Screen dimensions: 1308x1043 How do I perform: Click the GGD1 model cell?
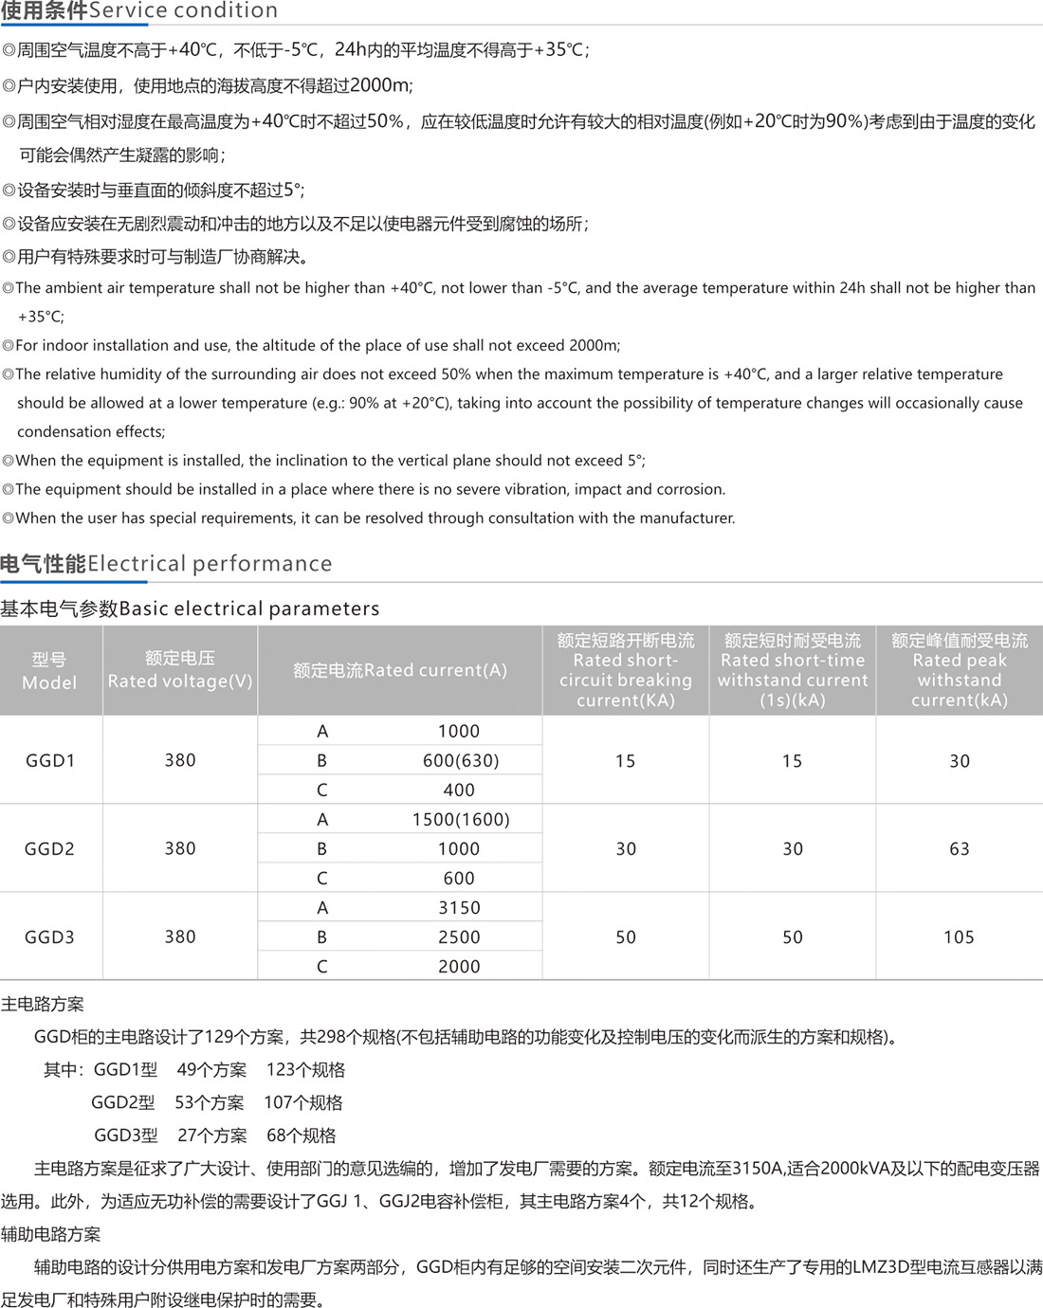tap(50, 760)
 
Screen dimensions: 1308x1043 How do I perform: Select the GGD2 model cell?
tap(49, 848)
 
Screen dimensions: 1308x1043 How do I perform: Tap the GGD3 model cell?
tap(49, 936)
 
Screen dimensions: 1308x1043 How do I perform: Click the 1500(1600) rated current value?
tap(460, 819)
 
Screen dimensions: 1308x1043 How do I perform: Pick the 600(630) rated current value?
tap(460, 760)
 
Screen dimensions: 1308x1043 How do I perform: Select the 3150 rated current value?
tap(459, 907)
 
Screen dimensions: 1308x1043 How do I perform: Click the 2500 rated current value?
tap(459, 936)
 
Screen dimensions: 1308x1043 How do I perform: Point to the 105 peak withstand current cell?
tap(959, 936)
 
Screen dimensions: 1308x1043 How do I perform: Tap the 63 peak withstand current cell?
tap(959, 848)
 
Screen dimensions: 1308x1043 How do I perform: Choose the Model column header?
tap(49, 670)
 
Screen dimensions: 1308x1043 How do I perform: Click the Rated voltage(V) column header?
tap(180, 670)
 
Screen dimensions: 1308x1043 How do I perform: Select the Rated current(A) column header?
tap(399, 670)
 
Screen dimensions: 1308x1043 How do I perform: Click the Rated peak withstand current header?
tap(959, 670)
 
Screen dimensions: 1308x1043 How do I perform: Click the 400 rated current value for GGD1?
tap(459, 790)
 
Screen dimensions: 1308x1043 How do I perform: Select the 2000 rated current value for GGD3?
tap(459, 966)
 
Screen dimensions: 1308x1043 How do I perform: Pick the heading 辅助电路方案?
tap(50, 1234)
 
